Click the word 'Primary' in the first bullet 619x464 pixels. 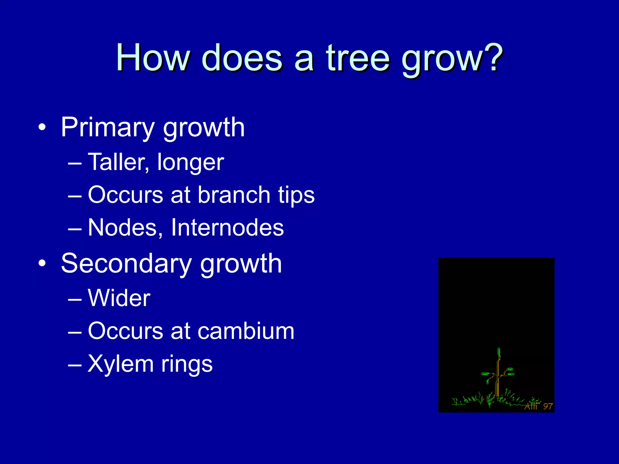pyautogui.click(x=107, y=128)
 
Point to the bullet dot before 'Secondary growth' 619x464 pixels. pyautogui.click(x=42, y=263)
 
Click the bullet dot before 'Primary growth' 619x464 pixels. pyautogui.click(x=42, y=127)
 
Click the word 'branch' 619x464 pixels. pyautogui.click(x=234, y=195)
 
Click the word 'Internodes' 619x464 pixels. pyautogui.click(x=227, y=227)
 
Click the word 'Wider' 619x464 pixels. pyautogui.click(x=119, y=298)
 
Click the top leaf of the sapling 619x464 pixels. pyautogui.click(x=499, y=352)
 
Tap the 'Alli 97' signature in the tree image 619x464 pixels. pyautogui.click(x=539, y=406)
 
